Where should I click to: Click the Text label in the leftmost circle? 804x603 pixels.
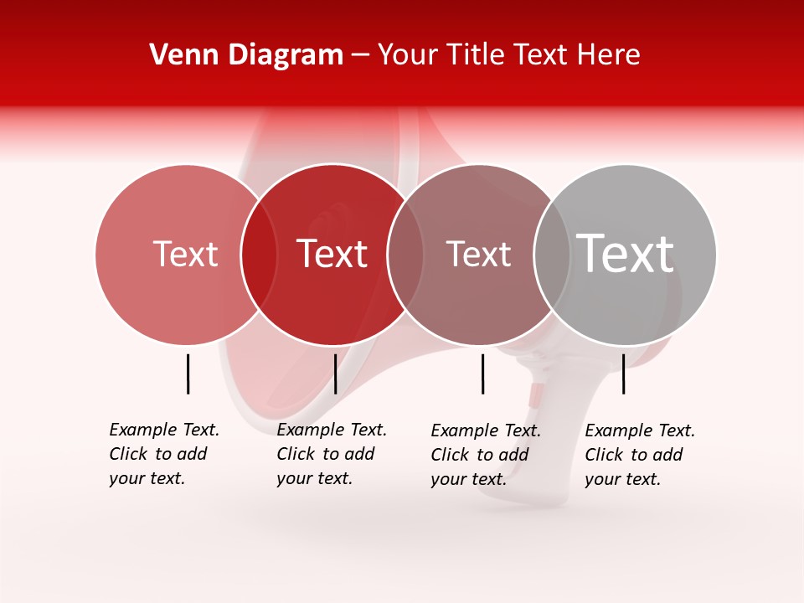[x=185, y=254]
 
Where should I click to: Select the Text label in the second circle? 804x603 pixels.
[x=332, y=254]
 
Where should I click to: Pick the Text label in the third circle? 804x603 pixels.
[x=478, y=254]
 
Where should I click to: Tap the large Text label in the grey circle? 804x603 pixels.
[x=626, y=253]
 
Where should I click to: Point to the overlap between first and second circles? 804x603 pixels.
[x=259, y=254]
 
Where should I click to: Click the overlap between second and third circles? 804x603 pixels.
[x=405, y=254]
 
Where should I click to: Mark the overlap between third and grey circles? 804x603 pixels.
[x=551, y=254]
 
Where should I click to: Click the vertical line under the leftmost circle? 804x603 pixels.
[x=188, y=374]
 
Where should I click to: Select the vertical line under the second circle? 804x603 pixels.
[x=335, y=374]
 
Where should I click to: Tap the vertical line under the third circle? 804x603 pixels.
[x=482, y=374]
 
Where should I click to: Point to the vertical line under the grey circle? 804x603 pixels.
[x=623, y=374]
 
